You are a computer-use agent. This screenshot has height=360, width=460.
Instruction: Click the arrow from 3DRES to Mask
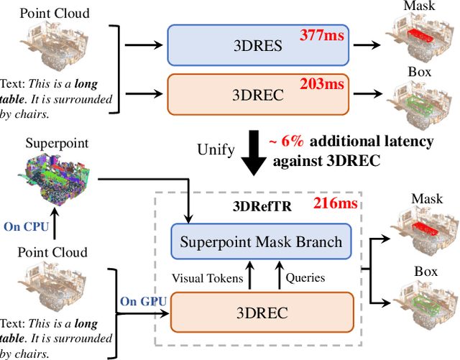374,44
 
